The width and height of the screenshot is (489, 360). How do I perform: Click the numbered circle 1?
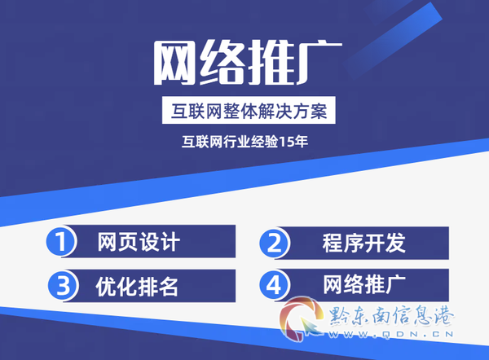tap(61, 241)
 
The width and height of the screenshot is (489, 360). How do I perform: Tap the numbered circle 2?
tap(274, 243)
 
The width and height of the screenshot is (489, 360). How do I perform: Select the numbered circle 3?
tap(63, 286)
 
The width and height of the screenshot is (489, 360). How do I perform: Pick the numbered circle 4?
tap(274, 284)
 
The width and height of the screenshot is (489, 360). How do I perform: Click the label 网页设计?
tap(139, 242)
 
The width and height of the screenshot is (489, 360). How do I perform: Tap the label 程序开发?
tap(364, 243)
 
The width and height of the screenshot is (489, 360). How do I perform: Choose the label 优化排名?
tap(137, 287)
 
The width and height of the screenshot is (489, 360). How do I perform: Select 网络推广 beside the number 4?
tap(364, 284)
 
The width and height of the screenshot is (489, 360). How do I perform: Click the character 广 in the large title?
tap(319, 63)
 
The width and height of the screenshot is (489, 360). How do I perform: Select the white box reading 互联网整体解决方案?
tap(249, 110)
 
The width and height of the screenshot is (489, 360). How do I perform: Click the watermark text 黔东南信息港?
tap(391, 316)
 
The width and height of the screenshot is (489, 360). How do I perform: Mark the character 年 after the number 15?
tap(301, 143)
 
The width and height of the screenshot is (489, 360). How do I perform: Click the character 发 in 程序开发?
tap(395, 243)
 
